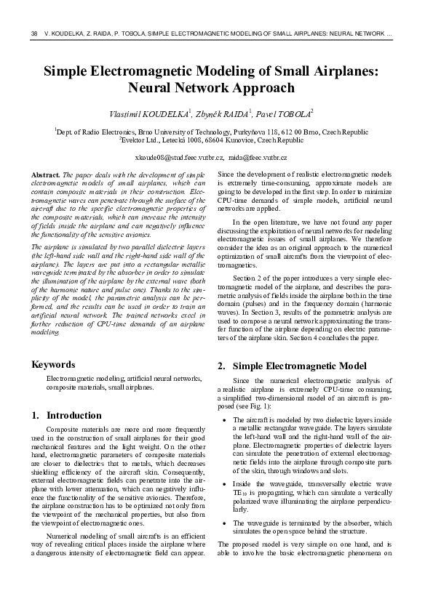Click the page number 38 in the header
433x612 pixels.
click(x=33, y=34)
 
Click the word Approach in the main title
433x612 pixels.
click(x=264, y=89)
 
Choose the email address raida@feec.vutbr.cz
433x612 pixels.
click(x=258, y=157)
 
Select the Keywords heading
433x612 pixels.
click(x=54, y=364)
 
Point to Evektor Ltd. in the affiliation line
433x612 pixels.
click(x=142, y=140)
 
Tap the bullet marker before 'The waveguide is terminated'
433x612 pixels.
click(x=222, y=523)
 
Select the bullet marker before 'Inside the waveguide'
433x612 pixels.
click(x=222, y=483)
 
